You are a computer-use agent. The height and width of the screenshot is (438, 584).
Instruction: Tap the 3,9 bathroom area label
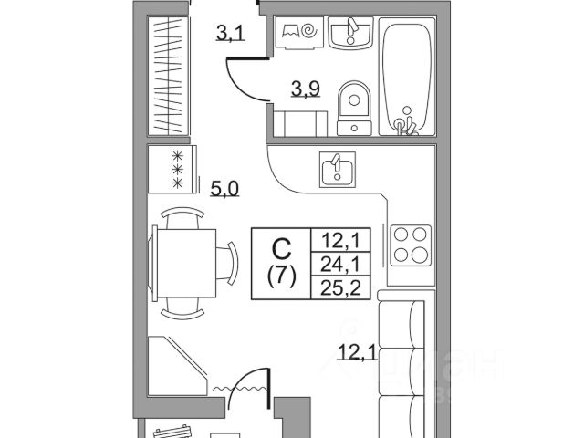pos(306,89)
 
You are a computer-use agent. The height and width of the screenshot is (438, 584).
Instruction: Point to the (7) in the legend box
pos(282,276)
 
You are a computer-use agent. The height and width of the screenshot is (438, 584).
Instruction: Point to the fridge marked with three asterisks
pos(172,169)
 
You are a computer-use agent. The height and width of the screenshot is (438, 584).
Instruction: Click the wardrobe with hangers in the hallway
pos(172,78)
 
